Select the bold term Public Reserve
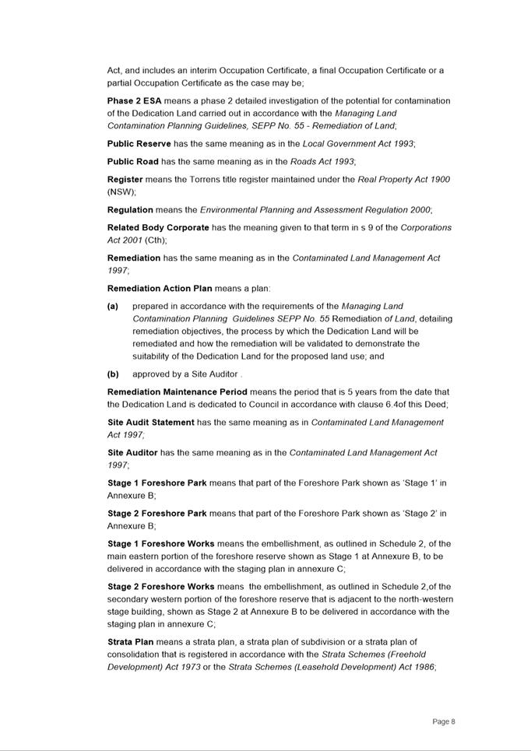(x=139, y=144)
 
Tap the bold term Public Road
(x=132, y=162)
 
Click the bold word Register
(x=125, y=180)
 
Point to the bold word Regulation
(x=130, y=210)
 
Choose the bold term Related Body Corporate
(x=158, y=228)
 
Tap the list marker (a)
(x=113, y=307)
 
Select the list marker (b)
(x=113, y=374)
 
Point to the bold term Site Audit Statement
(x=151, y=423)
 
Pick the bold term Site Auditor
(x=132, y=453)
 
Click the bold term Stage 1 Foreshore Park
(x=157, y=483)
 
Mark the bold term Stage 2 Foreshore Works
(x=161, y=587)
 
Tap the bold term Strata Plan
(x=131, y=642)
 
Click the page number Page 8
(x=444, y=722)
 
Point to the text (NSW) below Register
(x=121, y=191)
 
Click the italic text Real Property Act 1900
(x=403, y=180)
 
